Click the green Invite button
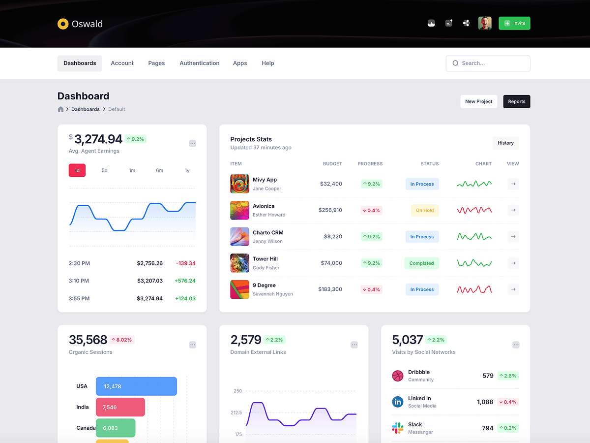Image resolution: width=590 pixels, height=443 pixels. click(514, 23)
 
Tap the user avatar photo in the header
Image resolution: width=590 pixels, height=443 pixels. click(485, 23)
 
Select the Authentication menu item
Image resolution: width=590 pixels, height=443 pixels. click(199, 63)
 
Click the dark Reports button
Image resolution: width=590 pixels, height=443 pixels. click(516, 101)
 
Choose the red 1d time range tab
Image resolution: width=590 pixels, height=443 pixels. click(77, 170)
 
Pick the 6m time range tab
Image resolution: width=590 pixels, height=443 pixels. click(159, 170)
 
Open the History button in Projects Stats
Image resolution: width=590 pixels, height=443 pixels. click(505, 143)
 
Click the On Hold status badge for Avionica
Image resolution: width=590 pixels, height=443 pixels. click(425, 210)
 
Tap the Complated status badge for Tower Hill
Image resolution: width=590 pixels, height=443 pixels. click(421, 263)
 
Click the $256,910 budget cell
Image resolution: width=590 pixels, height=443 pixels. click(330, 210)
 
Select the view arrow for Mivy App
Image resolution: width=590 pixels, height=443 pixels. click(513, 184)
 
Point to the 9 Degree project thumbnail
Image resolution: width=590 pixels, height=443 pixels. click(239, 289)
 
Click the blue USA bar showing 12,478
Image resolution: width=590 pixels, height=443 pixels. click(136, 386)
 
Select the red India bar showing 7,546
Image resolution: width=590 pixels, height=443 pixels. click(120, 407)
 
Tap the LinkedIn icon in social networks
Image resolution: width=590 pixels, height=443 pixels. click(398, 402)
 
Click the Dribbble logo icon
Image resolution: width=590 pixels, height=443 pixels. click(398, 376)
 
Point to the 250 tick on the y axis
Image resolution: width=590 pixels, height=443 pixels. click(238, 391)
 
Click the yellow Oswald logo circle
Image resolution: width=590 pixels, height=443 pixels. click(63, 24)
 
